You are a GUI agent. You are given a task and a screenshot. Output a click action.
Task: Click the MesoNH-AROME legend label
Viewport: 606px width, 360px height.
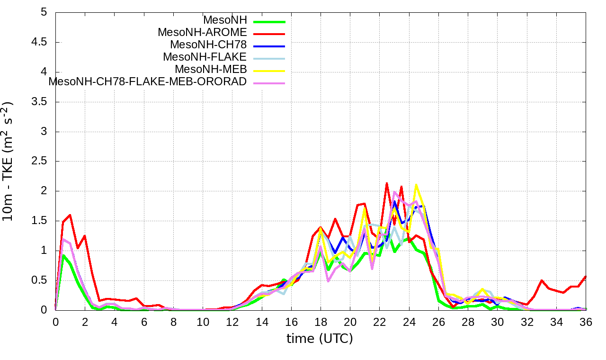202,33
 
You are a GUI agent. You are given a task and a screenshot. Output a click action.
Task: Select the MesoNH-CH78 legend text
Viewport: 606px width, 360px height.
208,45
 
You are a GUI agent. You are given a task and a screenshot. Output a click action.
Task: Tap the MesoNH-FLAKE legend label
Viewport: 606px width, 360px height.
205,57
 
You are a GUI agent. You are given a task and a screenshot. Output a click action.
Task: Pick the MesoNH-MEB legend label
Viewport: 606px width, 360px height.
211,70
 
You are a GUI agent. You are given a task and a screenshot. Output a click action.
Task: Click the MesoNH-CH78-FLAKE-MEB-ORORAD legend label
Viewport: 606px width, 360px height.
148,82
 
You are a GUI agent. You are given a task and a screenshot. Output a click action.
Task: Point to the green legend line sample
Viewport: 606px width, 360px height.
269,22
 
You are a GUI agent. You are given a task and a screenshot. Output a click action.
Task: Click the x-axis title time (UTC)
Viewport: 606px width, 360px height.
320,339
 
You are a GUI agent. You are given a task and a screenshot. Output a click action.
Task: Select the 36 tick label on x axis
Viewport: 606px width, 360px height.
586,322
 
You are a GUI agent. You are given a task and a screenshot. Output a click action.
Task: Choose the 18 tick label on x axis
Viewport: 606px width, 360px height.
321,322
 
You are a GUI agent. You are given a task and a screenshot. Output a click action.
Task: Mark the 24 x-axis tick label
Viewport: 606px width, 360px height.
409,322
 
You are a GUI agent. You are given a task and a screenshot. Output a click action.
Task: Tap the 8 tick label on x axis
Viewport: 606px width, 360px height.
174,322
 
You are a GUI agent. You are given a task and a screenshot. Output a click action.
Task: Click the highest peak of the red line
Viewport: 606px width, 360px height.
387,183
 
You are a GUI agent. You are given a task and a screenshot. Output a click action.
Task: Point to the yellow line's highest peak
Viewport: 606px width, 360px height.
416,185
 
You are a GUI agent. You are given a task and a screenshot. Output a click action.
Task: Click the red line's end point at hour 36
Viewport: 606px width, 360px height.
586,276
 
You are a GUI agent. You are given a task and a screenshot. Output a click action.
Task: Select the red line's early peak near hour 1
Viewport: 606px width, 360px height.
70,215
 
